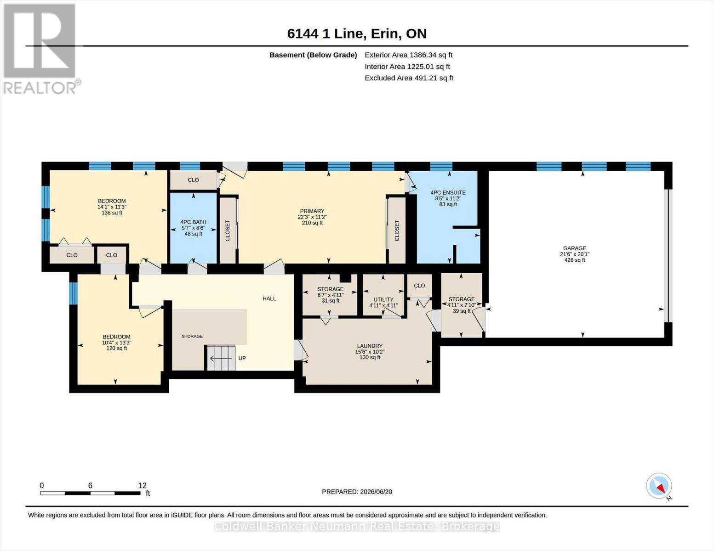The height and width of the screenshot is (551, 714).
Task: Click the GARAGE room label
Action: (574, 248)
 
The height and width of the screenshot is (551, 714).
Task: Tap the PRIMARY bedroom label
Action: (312, 211)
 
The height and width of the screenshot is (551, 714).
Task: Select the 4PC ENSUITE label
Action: (448, 193)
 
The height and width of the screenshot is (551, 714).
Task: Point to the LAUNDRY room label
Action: (370, 346)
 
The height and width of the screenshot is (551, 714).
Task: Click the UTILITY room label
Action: (383, 299)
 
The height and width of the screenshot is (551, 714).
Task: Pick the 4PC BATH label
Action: (193, 222)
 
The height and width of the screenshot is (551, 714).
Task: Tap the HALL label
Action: (269, 298)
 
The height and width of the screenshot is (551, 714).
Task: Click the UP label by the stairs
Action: (242, 358)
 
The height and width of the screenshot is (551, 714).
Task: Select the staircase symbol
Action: (221, 358)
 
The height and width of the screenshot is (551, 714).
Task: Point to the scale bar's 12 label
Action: (142, 485)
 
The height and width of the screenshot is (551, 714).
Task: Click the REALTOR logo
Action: (41, 49)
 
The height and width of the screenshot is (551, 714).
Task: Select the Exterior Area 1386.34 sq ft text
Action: (408, 55)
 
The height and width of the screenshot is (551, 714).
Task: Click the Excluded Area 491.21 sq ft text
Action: (409, 78)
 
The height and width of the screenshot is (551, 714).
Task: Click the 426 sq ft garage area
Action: (574, 260)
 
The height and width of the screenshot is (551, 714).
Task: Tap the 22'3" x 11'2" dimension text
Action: (312, 217)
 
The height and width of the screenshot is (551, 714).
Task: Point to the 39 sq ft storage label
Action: (462, 311)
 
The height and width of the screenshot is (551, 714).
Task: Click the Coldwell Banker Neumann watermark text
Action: (356, 526)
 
